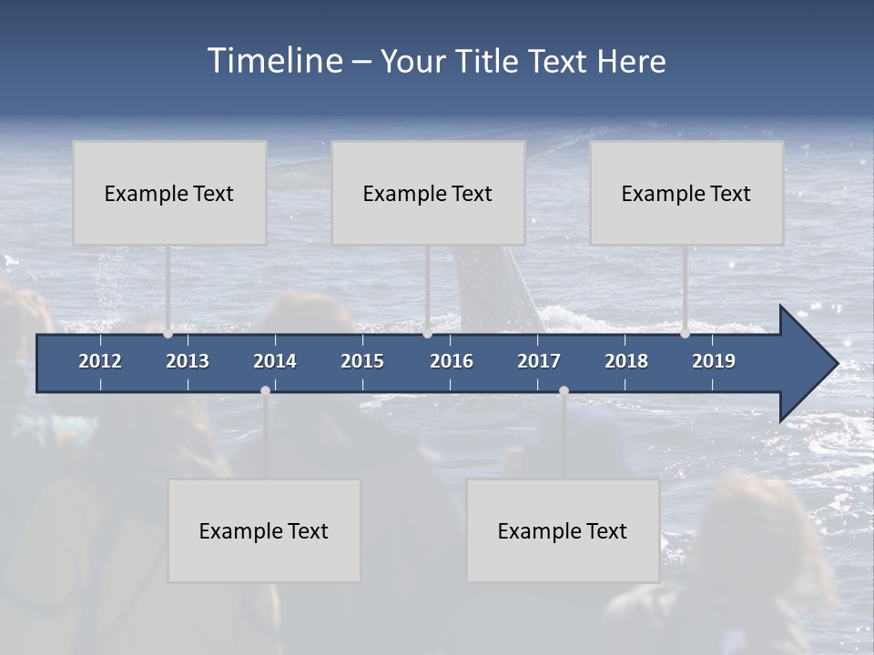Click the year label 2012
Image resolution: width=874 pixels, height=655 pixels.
click(x=100, y=361)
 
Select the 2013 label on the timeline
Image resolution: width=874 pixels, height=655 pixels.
click(x=188, y=361)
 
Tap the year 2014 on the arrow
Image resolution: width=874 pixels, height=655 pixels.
click(x=275, y=361)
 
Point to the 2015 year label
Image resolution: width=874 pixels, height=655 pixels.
click(x=362, y=361)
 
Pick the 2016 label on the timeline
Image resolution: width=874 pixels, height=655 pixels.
click(x=452, y=361)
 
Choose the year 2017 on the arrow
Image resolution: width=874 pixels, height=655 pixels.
click(x=539, y=361)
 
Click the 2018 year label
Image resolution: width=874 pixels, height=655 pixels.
click(x=626, y=361)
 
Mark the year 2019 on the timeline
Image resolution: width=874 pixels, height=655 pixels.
click(x=714, y=361)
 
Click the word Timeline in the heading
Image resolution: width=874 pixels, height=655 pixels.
click(x=274, y=61)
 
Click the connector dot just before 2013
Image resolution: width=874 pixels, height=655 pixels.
click(x=168, y=333)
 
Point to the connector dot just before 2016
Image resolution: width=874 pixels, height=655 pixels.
click(x=427, y=333)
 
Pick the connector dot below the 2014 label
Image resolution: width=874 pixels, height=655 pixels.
click(x=265, y=390)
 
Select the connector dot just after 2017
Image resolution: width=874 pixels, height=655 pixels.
click(x=564, y=390)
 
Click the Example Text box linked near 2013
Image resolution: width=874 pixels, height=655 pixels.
click(x=169, y=193)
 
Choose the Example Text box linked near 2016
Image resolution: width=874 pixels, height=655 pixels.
click(x=428, y=193)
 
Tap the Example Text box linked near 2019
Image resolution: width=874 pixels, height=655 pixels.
click(x=686, y=193)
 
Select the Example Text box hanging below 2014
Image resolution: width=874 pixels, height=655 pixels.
click(x=264, y=530)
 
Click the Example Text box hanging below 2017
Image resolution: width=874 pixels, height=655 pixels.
click(x=563, y=530)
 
